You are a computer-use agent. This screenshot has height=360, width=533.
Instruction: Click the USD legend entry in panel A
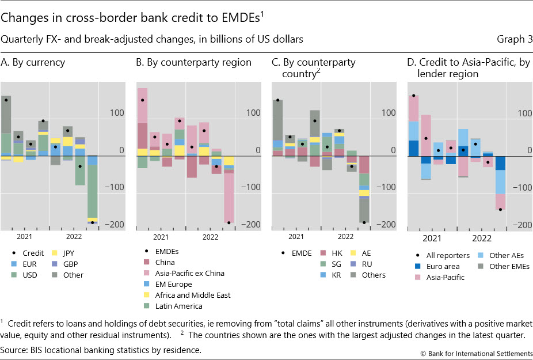click(29, 275)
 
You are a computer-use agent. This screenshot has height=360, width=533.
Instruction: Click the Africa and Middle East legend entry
click(192, 295)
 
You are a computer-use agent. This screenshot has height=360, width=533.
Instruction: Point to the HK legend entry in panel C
click(337, 253)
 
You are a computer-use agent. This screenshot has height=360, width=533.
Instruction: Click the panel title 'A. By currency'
click(33, 62)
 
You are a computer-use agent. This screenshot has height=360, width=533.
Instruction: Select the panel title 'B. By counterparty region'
click(193, 62)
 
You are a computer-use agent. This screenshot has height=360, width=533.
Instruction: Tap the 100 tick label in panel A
click(116, 113)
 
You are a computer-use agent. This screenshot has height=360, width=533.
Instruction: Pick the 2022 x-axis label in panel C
click(345, 237)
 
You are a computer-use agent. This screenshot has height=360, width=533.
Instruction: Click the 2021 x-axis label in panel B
click(161, 237)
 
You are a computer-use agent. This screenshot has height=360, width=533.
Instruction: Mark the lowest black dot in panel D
click(501, 210)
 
